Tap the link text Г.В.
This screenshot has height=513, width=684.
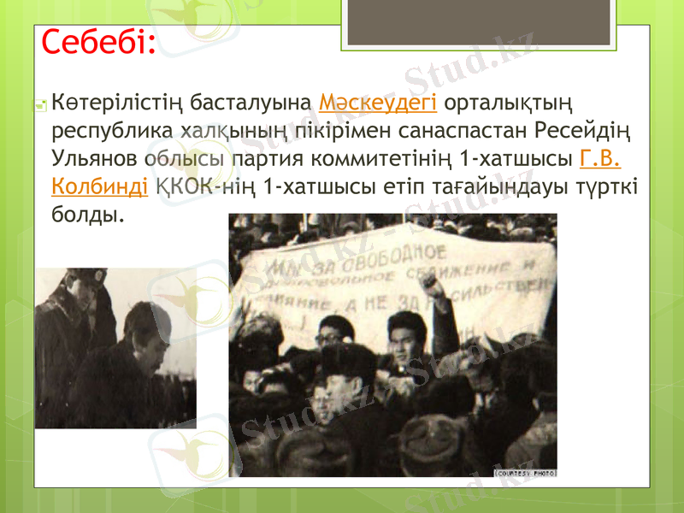(600, 159)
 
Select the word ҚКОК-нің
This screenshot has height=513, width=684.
(207, 186)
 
